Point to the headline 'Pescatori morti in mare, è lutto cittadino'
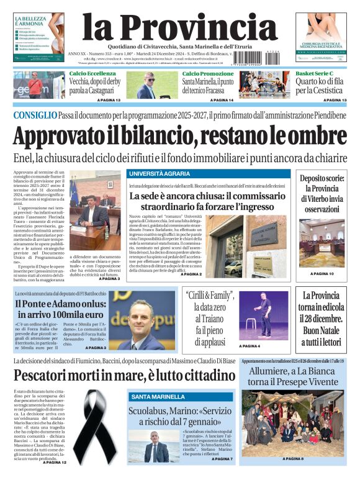click(124, 375)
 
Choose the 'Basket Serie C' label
click(315, 74)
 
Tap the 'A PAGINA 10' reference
click(322, 274)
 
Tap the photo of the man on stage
click(255, 314)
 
